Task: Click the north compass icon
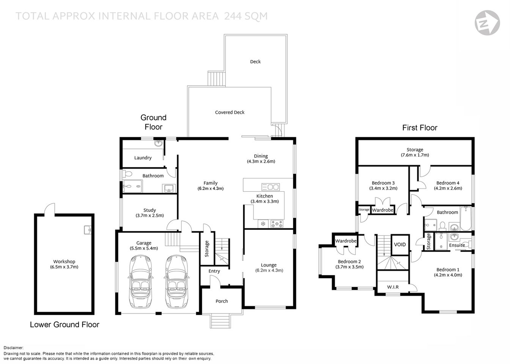pos(487,23)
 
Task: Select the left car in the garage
pos(141,281)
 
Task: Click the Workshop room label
pos(64,262)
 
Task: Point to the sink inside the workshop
pos(88,230)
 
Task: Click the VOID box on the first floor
pos(400,245)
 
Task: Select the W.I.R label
pos(393,287)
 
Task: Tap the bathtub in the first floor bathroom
pos(465,218)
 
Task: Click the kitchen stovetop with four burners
pos(276,224)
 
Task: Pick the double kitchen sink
pos(271,187)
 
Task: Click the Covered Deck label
pos(230,112)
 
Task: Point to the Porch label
pos(222,301)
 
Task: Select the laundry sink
pos(159,143)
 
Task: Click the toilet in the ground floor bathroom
pos(127,174)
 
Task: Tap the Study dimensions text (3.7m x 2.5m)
pos(150,215)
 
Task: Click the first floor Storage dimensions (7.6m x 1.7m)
pos(415,155)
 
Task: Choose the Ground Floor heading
pos(153,122)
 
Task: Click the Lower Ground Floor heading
pos(65,325)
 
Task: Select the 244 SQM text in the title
pos(246,16)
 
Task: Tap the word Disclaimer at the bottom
pos(14,348)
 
